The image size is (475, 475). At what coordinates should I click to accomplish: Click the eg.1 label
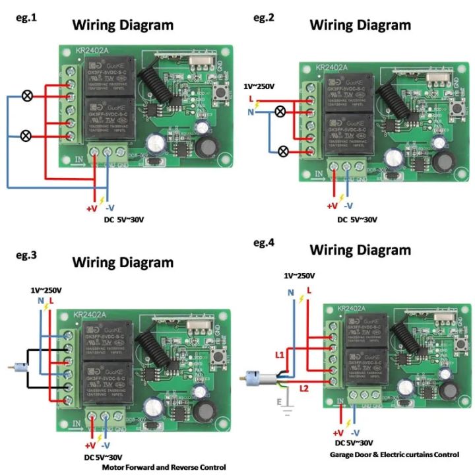click(26, 18)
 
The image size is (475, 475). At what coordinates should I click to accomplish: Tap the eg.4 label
click(264, 243)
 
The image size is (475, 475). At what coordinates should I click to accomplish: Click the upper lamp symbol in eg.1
click(28, 96)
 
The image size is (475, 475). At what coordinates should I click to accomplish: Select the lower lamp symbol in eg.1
click(28, 137)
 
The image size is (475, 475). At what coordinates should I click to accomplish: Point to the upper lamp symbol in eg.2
click(280, 111)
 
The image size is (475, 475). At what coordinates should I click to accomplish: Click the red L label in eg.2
click(251, 99)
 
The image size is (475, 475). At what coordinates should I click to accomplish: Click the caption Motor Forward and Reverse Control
click(164, 467)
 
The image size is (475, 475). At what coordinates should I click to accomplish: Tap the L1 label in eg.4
click(280, 356)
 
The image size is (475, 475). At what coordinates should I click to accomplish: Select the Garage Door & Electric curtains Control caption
click(393, 455)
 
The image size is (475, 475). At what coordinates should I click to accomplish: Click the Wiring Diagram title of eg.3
click(123, 262)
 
